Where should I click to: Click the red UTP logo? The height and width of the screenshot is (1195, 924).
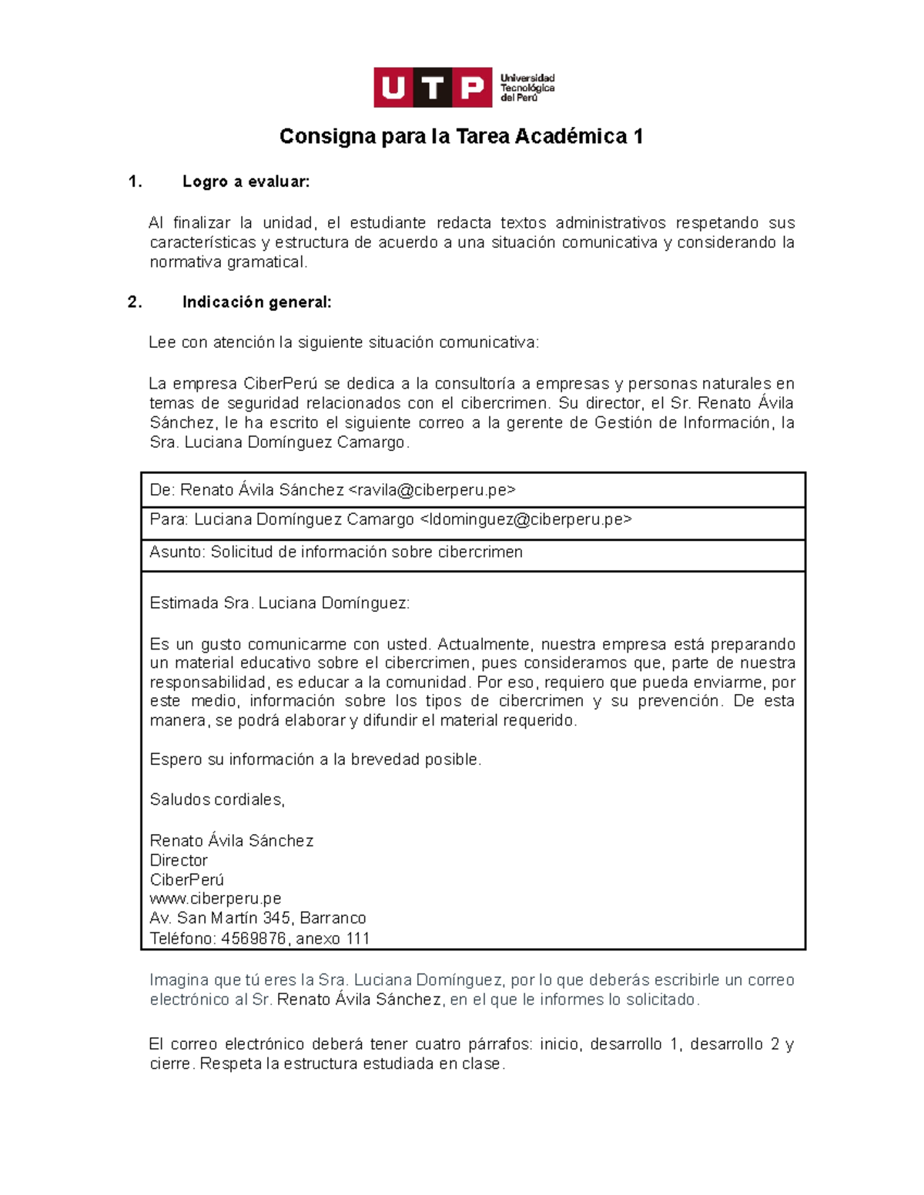(433, 88)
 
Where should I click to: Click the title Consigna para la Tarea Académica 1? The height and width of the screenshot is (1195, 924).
(461, 136)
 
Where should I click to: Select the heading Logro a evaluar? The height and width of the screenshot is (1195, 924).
(246, 182)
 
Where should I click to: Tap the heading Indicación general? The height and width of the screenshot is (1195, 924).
(256, 302)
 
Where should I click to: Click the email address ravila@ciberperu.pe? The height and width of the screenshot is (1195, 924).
(432, 490)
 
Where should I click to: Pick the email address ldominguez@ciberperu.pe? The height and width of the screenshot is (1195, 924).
(526, 519)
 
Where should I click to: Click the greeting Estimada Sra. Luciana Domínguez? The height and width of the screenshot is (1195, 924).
(280, 603)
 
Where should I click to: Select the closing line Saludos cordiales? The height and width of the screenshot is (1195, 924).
(217, 799)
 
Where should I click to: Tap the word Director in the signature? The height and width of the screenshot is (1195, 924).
(179, 860)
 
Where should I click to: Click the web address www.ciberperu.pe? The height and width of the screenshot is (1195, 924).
(216, 899)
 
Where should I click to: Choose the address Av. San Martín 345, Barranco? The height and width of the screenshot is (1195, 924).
(258, 918)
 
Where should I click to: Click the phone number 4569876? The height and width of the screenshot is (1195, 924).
(253, 939)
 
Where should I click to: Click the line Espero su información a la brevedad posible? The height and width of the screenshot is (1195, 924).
(315, 759)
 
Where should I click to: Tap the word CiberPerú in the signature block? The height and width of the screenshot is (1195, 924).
(187, 880)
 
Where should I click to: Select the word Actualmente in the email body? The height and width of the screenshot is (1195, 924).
(484, 644)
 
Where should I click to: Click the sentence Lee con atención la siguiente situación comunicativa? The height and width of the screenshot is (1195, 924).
(344, 342)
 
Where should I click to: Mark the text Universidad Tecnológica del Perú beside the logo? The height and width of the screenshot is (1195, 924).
(527, 88)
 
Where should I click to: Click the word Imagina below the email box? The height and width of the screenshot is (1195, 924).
(179, 980)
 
